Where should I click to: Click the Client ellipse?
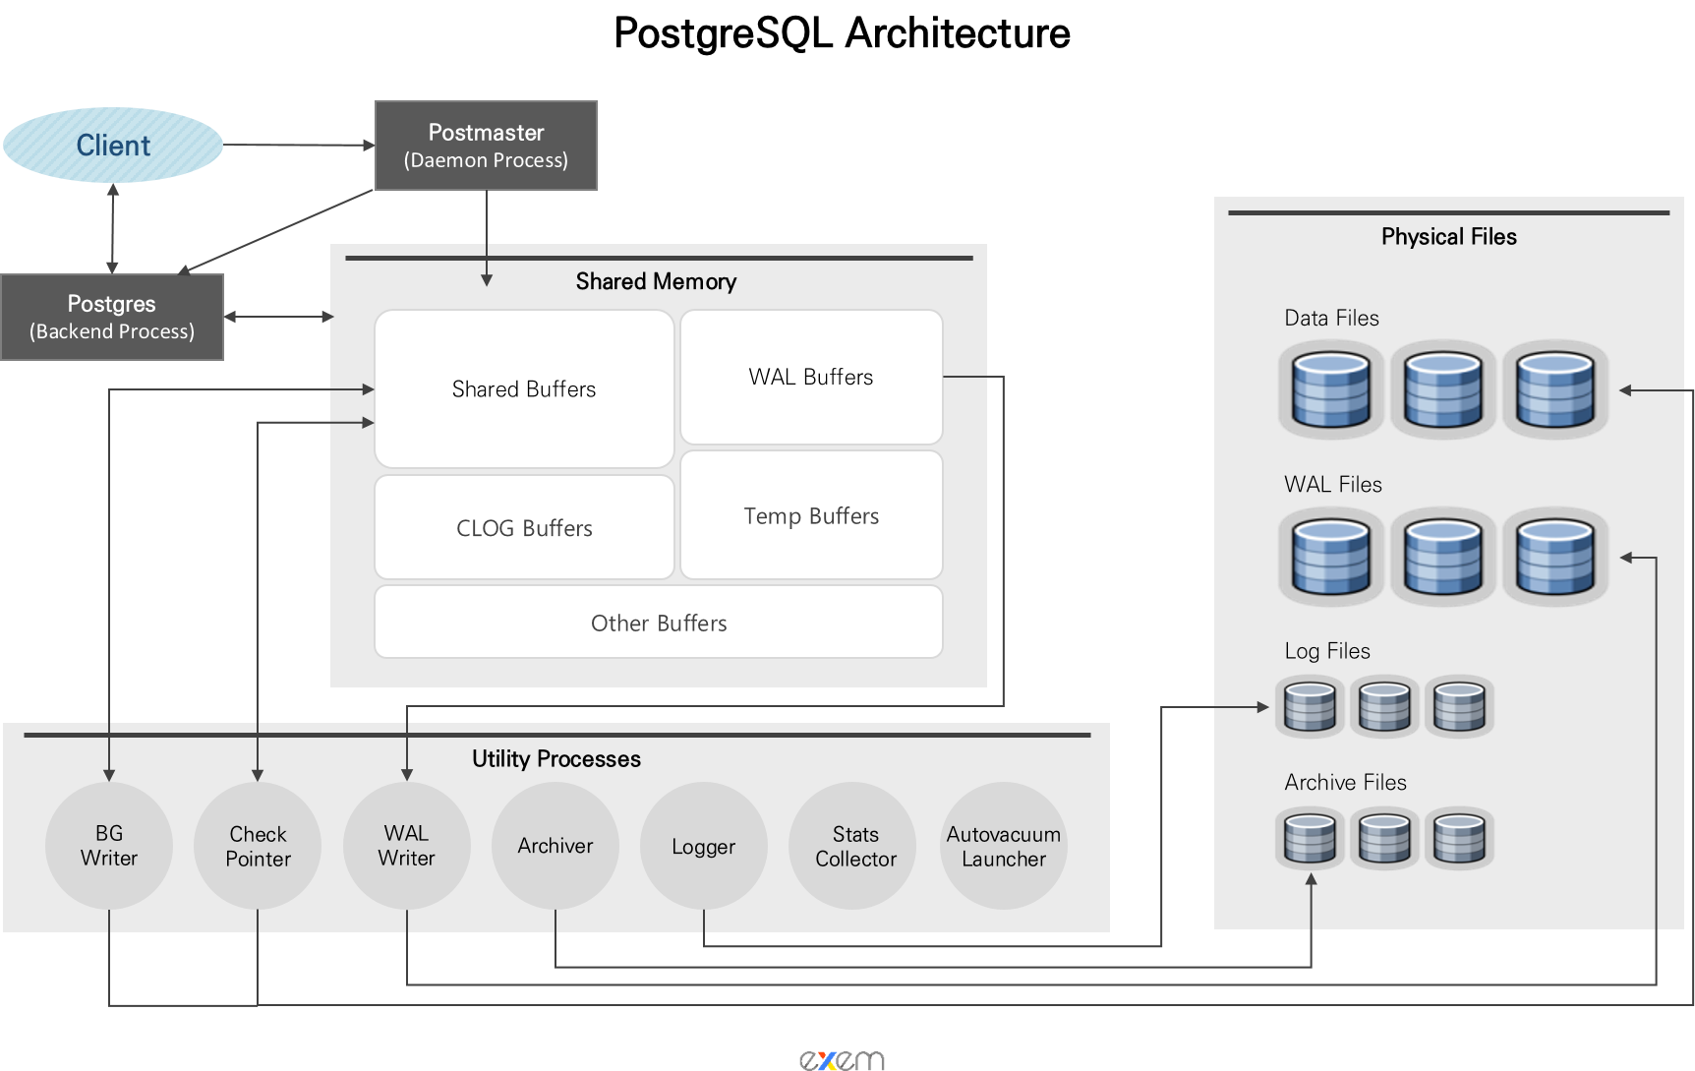pos(113,146)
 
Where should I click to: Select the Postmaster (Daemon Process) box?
pos(486,146)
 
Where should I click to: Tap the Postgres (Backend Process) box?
pos(112,317)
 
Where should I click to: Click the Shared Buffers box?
pos(524,389)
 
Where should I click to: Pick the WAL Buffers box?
pos(811,378)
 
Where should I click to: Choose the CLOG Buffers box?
pos(524,528)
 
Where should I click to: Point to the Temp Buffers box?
pos(811,516)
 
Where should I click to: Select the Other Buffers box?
pos(659,623)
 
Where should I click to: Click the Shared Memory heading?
pos(656,282)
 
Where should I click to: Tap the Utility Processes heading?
pos(556,759)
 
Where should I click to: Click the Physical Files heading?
pos(1448,237)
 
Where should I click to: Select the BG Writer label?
pos(109,846)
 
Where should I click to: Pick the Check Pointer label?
pos(259,847)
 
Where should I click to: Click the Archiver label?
pos(555,846)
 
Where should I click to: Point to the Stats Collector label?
pos(855,847)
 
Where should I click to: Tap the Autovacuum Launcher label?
pos(1004,847)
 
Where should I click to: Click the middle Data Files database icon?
pos(1443,390)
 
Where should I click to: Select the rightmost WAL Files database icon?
pos(1555,558)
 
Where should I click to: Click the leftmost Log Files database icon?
pos(1310,707)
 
